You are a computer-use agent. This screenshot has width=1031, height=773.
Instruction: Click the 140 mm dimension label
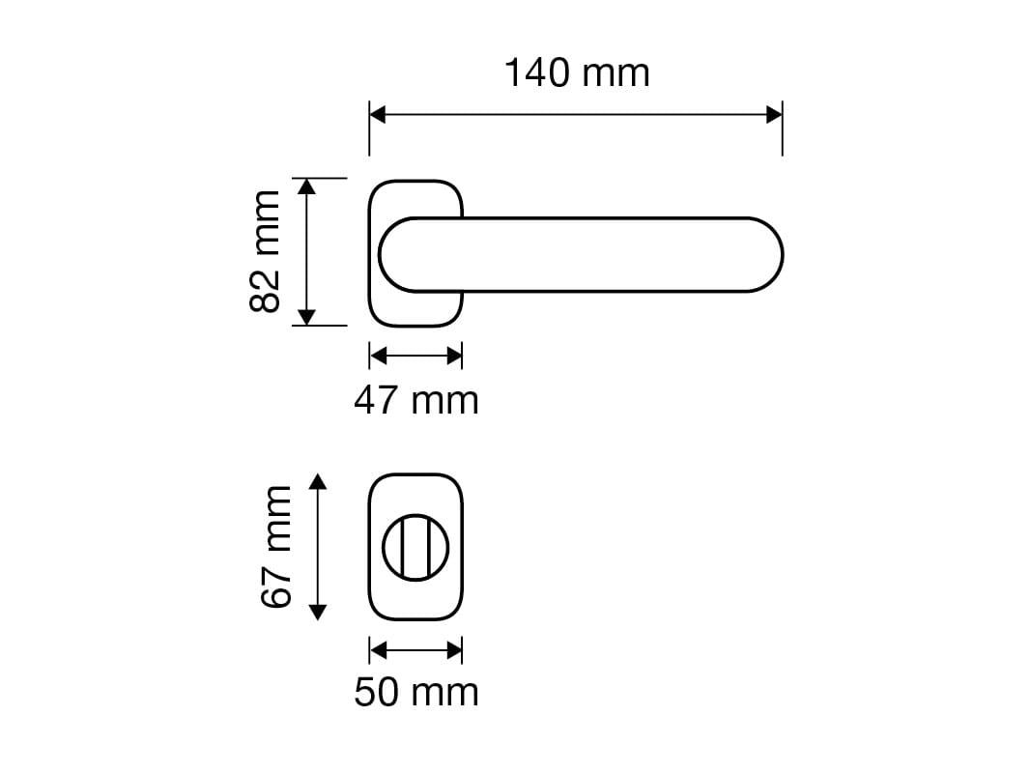tap(577, 73)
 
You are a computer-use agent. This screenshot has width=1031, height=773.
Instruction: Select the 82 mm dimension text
tap(265, 251)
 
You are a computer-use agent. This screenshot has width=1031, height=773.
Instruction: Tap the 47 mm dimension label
tap(415, 399)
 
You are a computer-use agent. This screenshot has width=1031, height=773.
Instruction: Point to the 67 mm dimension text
tap(276, 547)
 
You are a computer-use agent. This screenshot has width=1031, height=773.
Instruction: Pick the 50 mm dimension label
tap(415, 692)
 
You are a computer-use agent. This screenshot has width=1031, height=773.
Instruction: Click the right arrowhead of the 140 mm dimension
tap(774, 115)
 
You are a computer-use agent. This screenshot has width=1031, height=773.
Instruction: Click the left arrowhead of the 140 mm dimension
tap(378, 115)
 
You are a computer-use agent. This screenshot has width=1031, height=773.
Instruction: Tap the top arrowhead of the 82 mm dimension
tap(306, 186)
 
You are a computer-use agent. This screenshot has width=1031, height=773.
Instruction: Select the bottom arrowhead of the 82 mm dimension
tap(306, 317)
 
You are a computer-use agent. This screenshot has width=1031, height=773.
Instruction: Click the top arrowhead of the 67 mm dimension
tap(319, 482)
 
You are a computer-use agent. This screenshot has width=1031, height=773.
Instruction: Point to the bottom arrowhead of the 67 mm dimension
tap(319, 612)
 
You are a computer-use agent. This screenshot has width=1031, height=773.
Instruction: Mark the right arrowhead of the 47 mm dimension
tap(454, 357)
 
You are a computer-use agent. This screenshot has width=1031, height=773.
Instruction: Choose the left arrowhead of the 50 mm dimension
tap(378, 649)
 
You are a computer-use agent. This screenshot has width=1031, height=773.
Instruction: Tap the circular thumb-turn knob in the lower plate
tap(415, 548)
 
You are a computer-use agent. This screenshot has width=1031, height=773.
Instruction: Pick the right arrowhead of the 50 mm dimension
tap(454, 649)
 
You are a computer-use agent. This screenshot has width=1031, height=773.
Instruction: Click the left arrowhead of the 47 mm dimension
tap(378, 357)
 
